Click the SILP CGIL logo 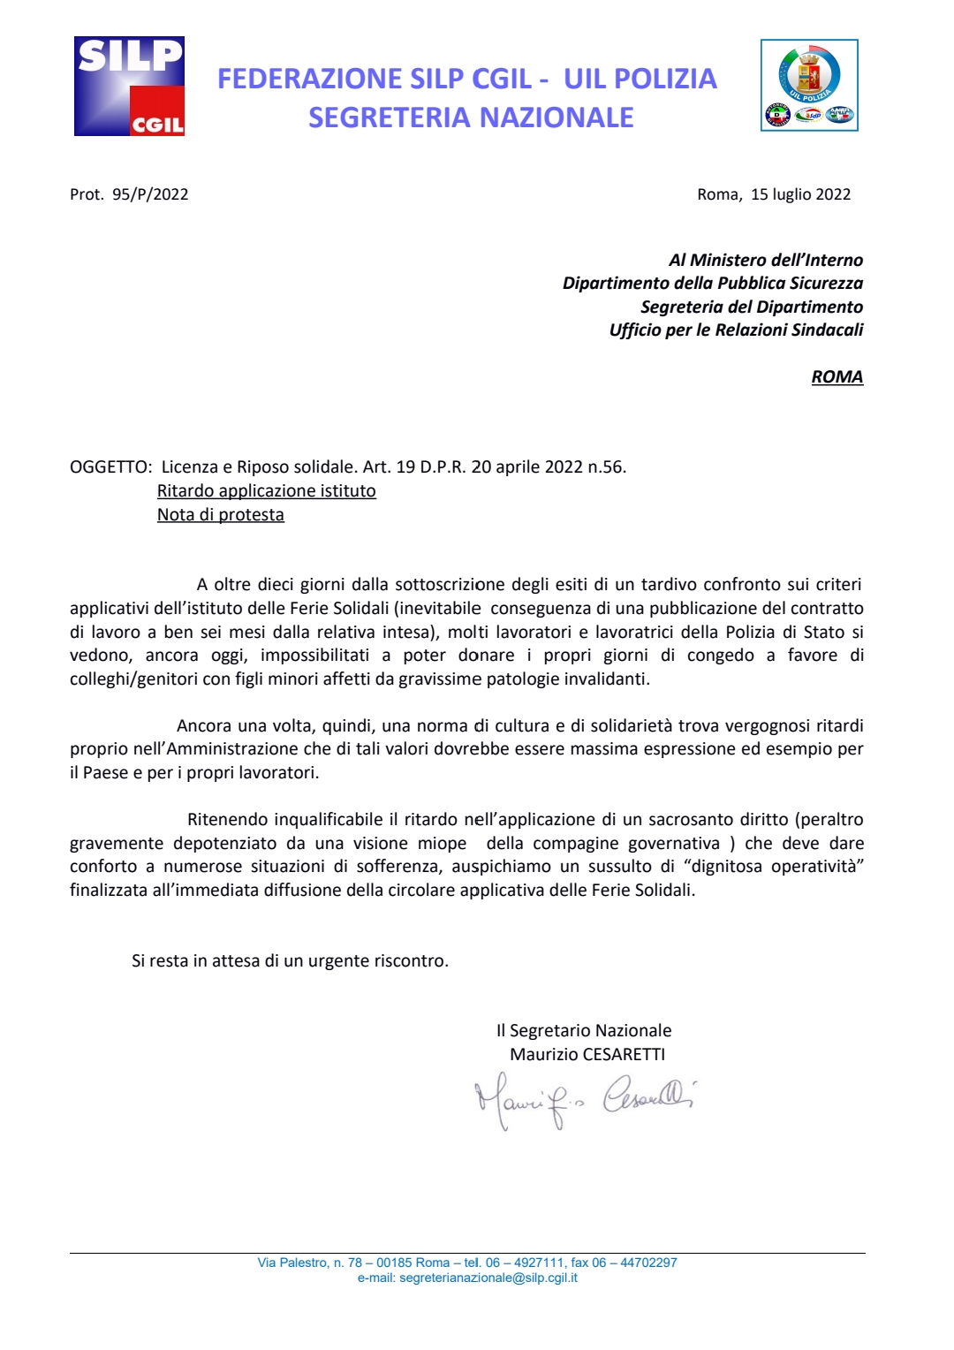tap(129, 86)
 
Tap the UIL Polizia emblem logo tap(809, 85)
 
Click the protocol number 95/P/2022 tap(150, 194)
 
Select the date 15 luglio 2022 tap(800, 194)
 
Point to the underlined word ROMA tap(837, 376)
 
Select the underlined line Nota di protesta tap(221, 514)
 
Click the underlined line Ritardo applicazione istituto tap(267, 490)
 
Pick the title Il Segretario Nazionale tap(584, 1030)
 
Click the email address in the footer tap(488, 1278)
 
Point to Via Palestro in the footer tap(292, 1263)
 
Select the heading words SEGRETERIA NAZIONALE tap(471, 118)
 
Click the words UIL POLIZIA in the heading tap(640, 79)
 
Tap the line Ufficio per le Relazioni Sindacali tap(736, 330)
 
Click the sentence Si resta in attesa tap(290, 960)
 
